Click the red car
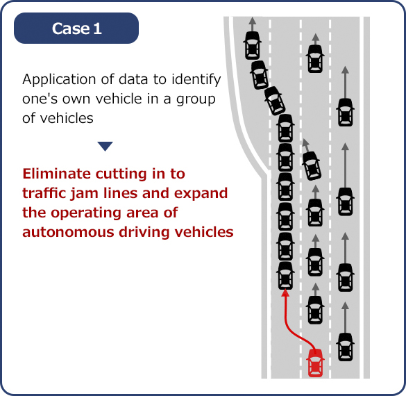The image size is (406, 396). pos(315,363)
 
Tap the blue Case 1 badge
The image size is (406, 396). pos(76,28)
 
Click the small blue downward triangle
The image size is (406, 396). pos(105,146)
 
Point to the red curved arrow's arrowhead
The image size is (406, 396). pos(285,293)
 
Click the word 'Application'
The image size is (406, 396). pos(59,80)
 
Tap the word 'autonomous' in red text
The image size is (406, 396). pos(68,232)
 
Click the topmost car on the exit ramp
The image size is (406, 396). pos(252,46)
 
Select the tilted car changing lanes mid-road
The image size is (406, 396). pos(312,166)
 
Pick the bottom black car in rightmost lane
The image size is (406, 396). pos(346,347)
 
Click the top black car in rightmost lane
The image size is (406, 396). pos(346,113)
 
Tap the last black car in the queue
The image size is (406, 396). pos(285,276)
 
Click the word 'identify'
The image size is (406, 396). pos(196,80)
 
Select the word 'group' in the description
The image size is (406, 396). pos(196,100)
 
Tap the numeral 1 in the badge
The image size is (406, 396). pos(98,28)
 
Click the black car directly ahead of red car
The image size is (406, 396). pos(315,310)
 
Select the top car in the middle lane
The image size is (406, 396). pos(315,59)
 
